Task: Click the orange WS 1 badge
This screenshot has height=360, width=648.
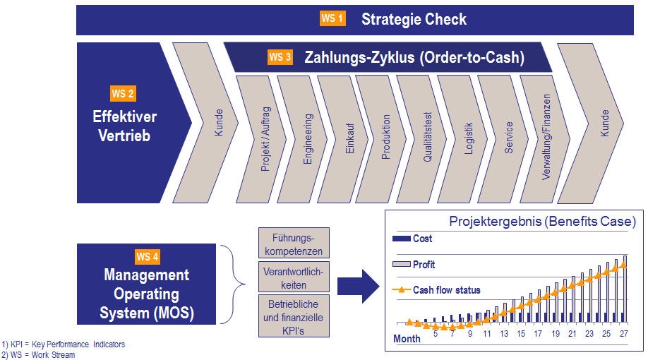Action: [x=332, y=18]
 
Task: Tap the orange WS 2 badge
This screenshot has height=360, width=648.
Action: [x=123, y=93]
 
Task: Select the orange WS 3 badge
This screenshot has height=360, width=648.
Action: [x=280, y=57]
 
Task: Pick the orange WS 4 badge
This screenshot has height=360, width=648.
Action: [x=148, y=256]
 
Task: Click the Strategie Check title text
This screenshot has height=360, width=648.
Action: [x=414, y=19]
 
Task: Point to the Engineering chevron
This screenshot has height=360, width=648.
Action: [x=304, y=140]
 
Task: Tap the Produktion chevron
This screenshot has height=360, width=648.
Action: [x=382, y=140]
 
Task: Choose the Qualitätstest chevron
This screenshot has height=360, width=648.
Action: [x=423, y=140]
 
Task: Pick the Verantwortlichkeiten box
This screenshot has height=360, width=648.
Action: [x=293, y=277]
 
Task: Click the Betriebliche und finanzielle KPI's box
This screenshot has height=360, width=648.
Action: [x=293, y=317]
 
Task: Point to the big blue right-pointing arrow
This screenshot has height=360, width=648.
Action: [x=359, y=285]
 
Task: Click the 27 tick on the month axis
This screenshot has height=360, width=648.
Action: [x=623, y=333]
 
